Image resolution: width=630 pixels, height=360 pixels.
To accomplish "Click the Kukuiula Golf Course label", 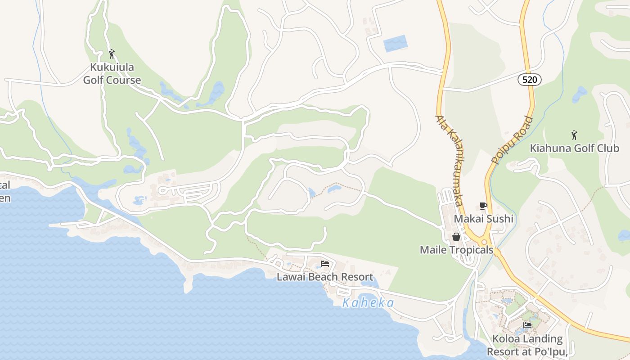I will coord(112,74).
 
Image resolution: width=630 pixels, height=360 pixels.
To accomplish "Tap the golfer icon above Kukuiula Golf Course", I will coord(112,54).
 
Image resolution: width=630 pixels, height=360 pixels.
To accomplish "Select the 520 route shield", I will coord(529,80).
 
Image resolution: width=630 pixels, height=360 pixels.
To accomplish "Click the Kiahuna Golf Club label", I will coord(574,148).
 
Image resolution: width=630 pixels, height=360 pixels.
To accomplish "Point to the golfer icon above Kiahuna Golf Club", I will coord(574,135).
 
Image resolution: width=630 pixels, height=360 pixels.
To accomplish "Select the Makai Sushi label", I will coord(483,219).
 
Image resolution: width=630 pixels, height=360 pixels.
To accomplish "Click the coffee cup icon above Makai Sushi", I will coord(483,206).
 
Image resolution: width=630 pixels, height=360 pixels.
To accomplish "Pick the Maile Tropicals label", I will coord(456,250).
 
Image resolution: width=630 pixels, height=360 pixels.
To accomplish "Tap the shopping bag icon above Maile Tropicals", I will coord(456,237).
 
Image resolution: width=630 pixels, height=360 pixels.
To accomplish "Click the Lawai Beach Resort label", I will coord(324,277).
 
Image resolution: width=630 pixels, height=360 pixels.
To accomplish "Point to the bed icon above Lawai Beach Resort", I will coord(324,264).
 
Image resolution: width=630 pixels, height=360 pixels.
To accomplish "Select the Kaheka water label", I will coord(368,303).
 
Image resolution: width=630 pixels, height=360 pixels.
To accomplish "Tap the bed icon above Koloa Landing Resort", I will coord(527,325).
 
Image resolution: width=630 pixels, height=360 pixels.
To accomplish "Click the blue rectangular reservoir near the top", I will coord(396,43).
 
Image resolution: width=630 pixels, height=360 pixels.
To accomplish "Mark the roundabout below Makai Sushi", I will coord(485,242).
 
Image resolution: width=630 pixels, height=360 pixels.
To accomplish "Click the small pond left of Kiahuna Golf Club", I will coord(579,94).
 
